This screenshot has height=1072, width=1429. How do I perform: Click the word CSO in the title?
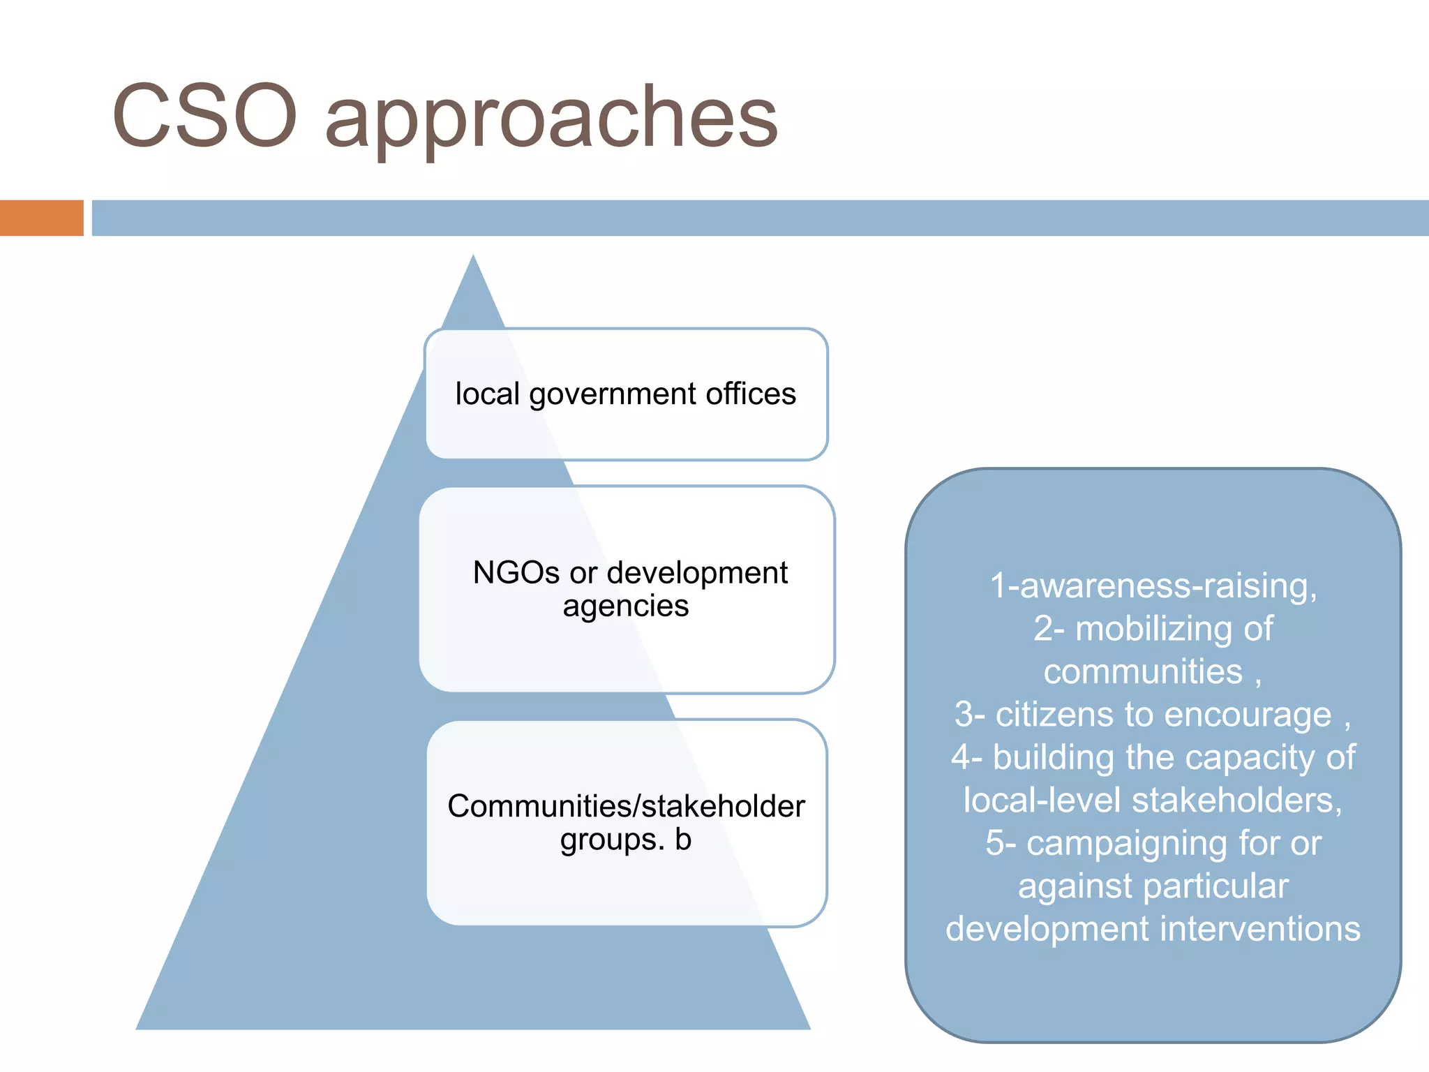click(204, 116)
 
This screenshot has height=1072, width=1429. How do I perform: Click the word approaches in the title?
click(551, 119)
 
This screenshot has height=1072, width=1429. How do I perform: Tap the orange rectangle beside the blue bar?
click(41, 218)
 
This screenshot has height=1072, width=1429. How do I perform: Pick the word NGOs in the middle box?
click(516, 573)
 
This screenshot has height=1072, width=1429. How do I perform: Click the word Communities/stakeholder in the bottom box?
click(626, 806)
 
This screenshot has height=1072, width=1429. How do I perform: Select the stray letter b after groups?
click(683, 840)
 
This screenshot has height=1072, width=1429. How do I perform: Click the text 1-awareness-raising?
click(1153, 586)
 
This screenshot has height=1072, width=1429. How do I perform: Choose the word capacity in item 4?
click(1235, 758)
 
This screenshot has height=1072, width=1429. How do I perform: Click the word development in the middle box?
click(697, 573)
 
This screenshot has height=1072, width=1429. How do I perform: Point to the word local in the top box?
click(487, 394)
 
